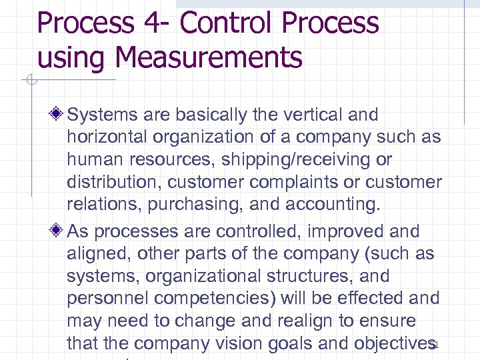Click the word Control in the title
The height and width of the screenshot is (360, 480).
225,23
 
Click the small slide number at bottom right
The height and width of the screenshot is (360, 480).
434,345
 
